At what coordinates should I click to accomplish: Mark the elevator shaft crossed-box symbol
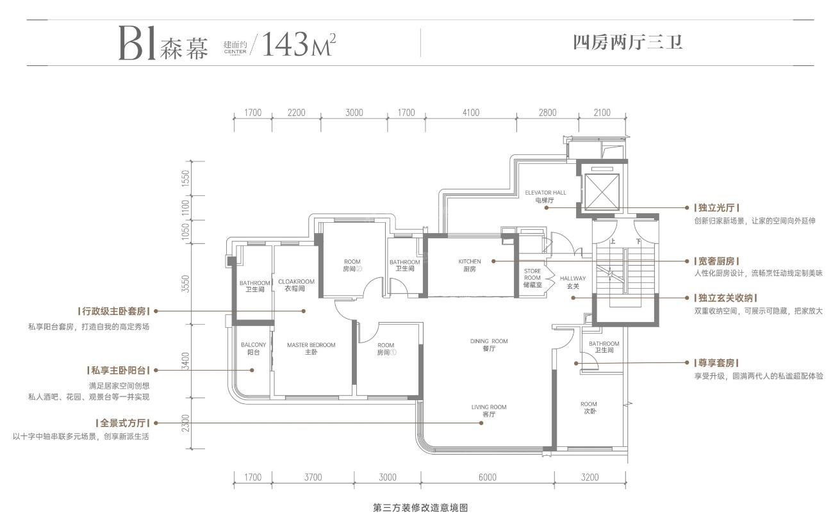602,192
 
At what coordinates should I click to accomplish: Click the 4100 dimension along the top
471,113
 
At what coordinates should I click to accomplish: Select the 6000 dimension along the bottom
488,477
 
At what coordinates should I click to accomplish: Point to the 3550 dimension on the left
186,284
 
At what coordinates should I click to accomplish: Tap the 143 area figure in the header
285,44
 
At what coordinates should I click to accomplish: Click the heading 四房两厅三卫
628,43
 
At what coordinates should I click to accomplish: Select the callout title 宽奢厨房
716,261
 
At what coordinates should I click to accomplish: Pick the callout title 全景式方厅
122,423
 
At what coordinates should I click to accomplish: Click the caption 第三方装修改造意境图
420,508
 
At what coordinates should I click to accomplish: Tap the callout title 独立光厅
716,207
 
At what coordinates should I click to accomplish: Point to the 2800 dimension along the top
547,113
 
